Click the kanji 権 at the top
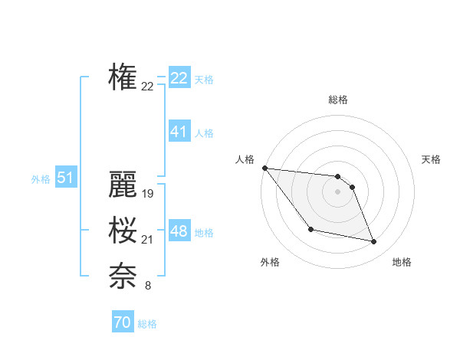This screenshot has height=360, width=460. click(123, 77)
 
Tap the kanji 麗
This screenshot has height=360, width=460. click(123, 185)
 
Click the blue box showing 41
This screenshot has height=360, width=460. click(179, 132)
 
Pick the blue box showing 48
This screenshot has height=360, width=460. click(179, 231)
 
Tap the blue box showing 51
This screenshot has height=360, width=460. click(65, 178)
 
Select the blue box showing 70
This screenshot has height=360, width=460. click(122, 322)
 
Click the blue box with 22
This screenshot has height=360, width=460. click(179, 78)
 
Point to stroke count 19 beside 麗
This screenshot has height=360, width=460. click(148, 195)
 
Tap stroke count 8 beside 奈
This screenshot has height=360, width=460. click(148, 286)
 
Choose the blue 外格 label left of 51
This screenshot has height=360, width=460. click(41, 179)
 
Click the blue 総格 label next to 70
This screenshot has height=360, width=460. click(147, 324)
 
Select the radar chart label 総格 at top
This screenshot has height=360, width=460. click(338, 100)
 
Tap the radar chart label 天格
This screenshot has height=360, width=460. click(432, 159)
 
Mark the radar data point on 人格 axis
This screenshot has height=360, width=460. click(264, 168)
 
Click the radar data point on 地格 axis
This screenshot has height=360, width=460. click(374, 242)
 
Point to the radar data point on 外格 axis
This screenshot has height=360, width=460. click(310, 229)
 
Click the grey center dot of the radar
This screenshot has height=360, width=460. click(338, 191)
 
